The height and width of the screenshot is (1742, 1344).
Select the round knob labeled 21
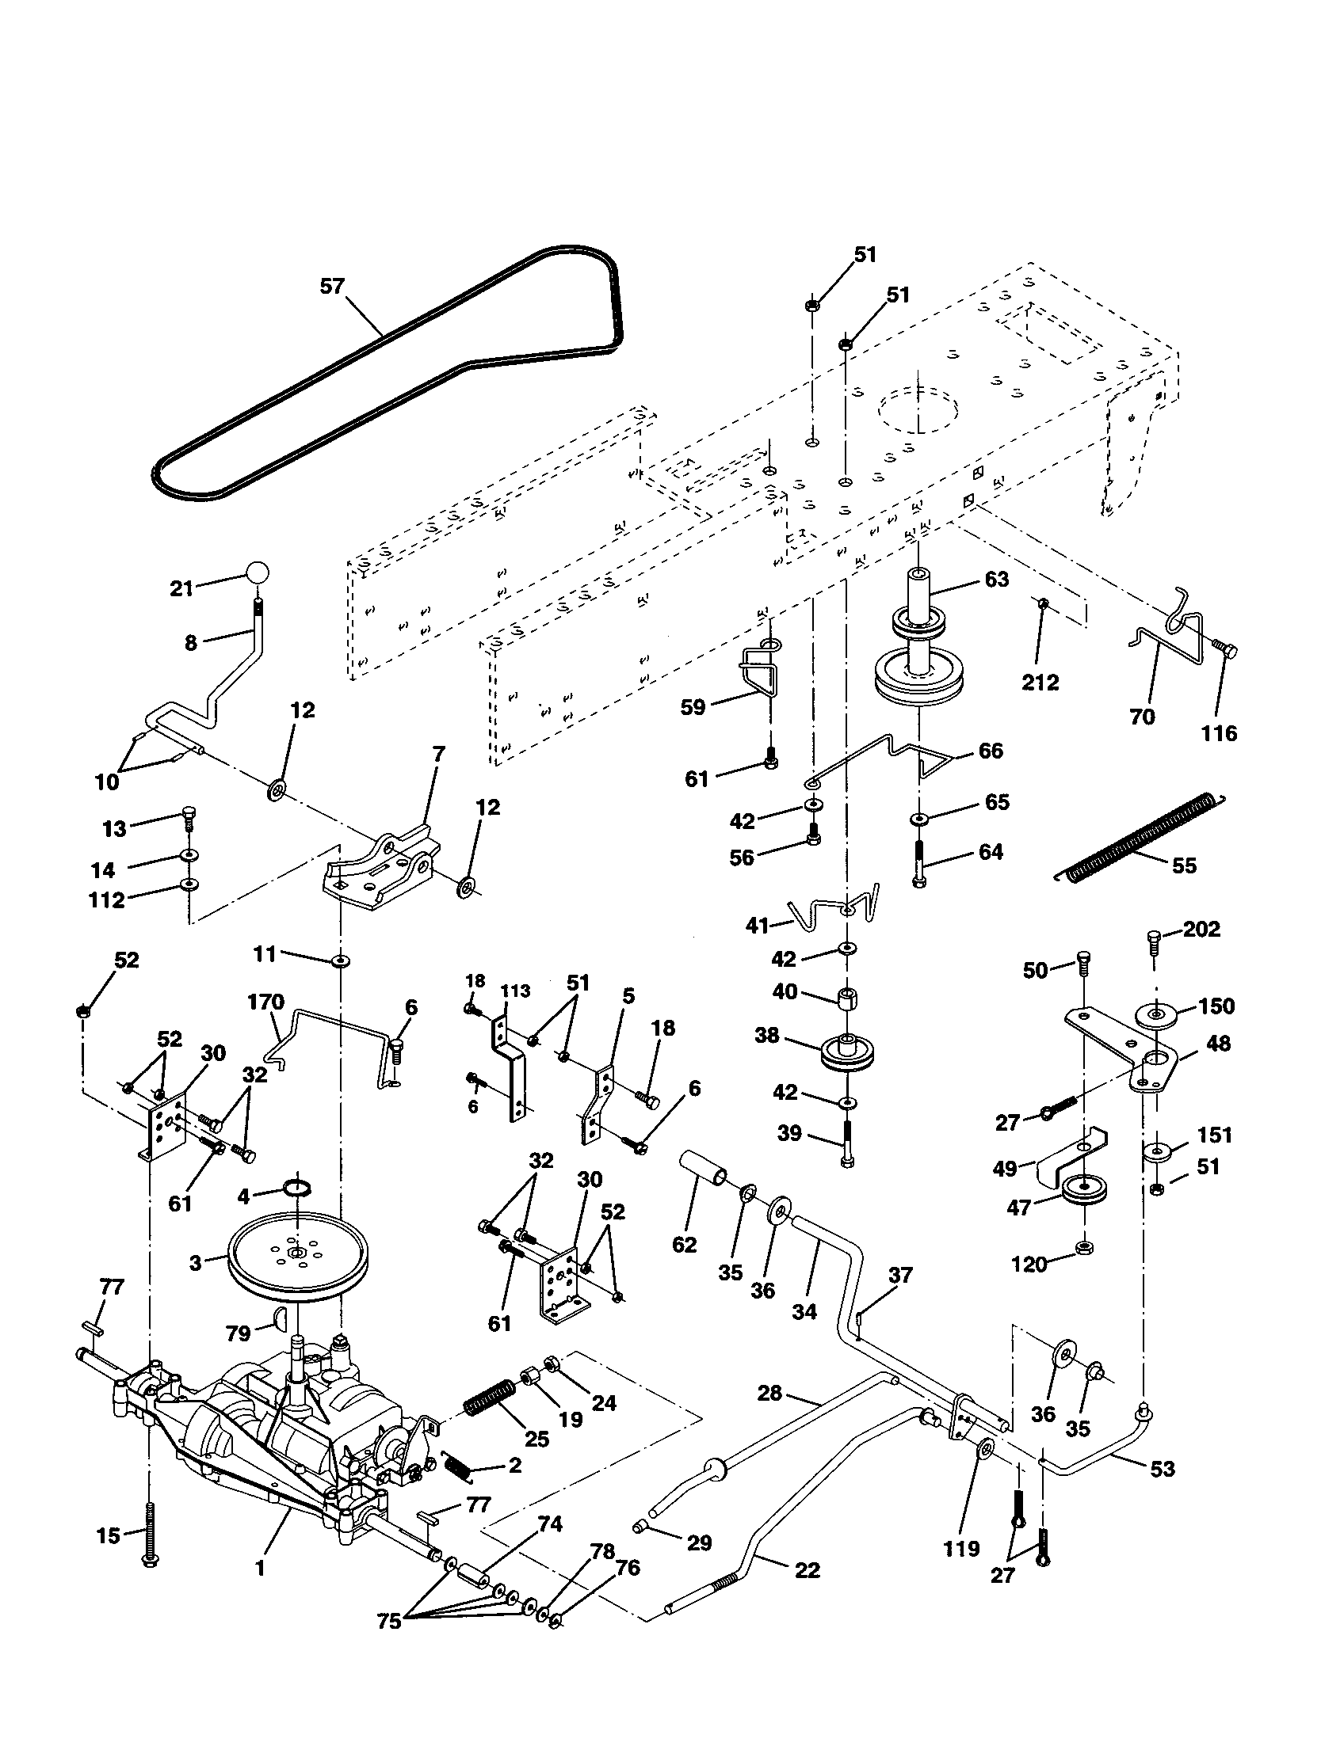tap(256, 572)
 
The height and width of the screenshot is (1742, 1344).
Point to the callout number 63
tap(996, 579)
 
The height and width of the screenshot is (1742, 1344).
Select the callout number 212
tap(1040, 682)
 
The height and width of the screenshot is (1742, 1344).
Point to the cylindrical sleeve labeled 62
tap(704, 1183)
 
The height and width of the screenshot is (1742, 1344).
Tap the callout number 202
tap(1201, 930)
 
